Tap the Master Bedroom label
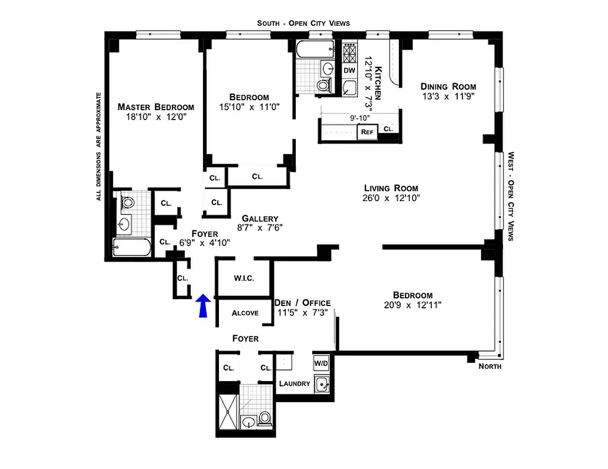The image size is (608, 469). (156, 107)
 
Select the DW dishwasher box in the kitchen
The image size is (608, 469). (349, 70)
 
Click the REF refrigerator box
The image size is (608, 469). (367, 132)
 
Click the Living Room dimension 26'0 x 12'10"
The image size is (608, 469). (390, 198)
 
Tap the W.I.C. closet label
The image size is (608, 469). (244, 278)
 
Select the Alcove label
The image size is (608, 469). (245, 313)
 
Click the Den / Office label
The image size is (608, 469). (302, 303)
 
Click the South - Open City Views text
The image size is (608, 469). (303, 23)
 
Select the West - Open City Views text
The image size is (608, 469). (511, 196)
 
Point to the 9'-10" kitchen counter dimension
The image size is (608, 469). (360, 117)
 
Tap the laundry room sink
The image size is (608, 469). (322, 384)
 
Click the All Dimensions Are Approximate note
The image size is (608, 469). (99, 146)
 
